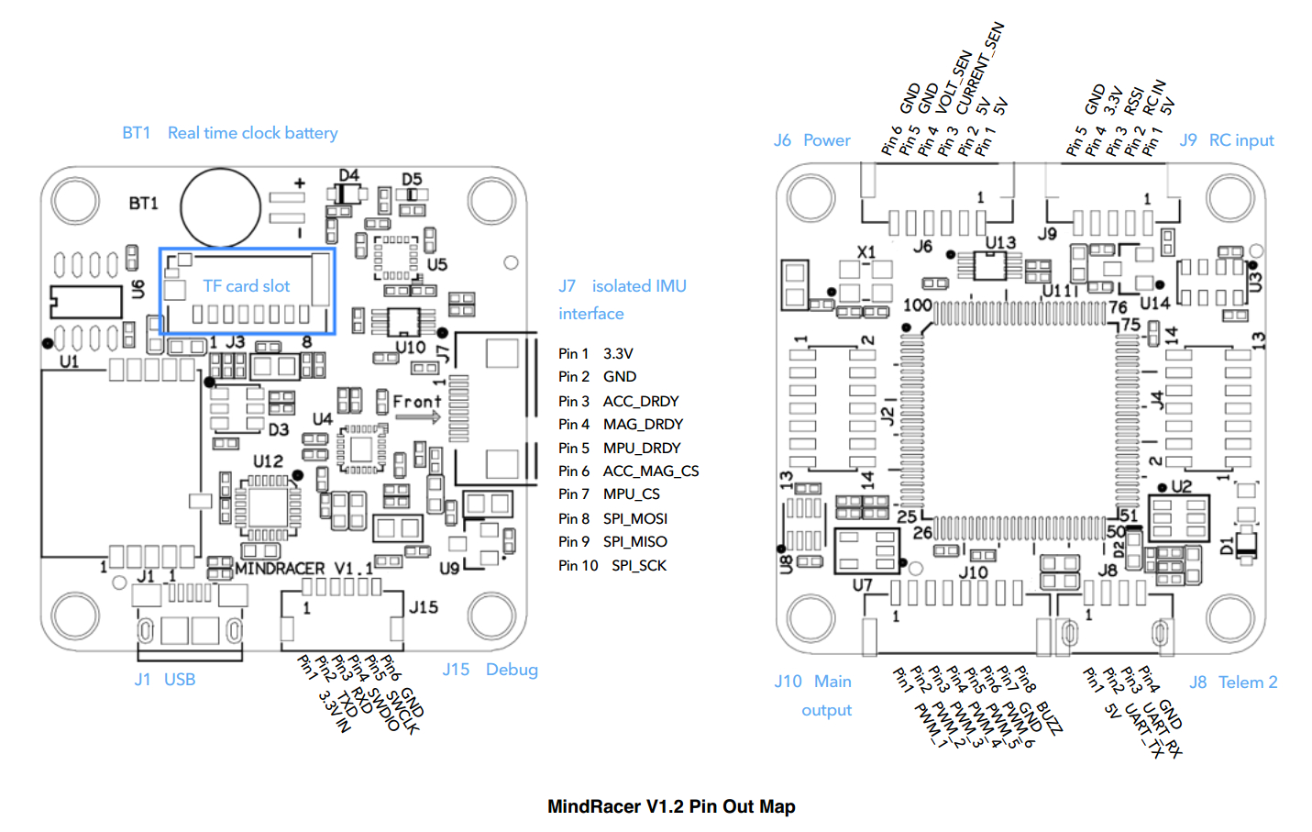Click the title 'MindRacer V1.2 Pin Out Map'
[x=670, y=806]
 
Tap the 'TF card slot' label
[x=246, y=286]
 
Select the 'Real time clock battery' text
[x=252, y=133]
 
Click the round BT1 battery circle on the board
[x=220, y=207]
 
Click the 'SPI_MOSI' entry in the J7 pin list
[x=634, y=518]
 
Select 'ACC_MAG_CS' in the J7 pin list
[x=650, y=471]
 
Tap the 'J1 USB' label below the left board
[x=165, y=680]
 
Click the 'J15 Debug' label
[x=490, y=670]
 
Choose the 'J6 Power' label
[x=811, y=140]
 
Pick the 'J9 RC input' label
[x=1226, y=140]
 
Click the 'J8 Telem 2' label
[x=1232, y=682]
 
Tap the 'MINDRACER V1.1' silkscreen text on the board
[x=303, y=569]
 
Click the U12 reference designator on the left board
[x=268, y=460]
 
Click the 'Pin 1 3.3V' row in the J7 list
[x=595, y=353]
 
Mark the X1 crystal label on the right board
[x=865, y=251]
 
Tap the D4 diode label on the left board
[x=348, y=175]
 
